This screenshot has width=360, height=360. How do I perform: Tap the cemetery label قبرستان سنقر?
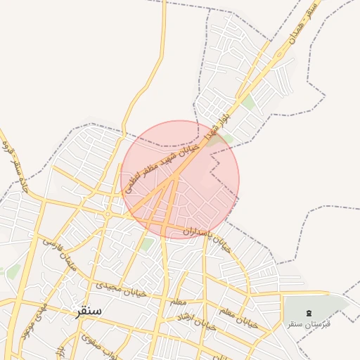tap(309, 324)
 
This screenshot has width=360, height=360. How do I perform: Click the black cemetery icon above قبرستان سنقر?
tap(309, 312)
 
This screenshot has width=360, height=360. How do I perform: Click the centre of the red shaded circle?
tap(180, 179)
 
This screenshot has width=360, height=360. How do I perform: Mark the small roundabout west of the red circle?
tap(107, 212)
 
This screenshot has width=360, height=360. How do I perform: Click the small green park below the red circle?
tap(147, 244)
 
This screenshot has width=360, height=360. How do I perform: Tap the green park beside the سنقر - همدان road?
tap(248, 103)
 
